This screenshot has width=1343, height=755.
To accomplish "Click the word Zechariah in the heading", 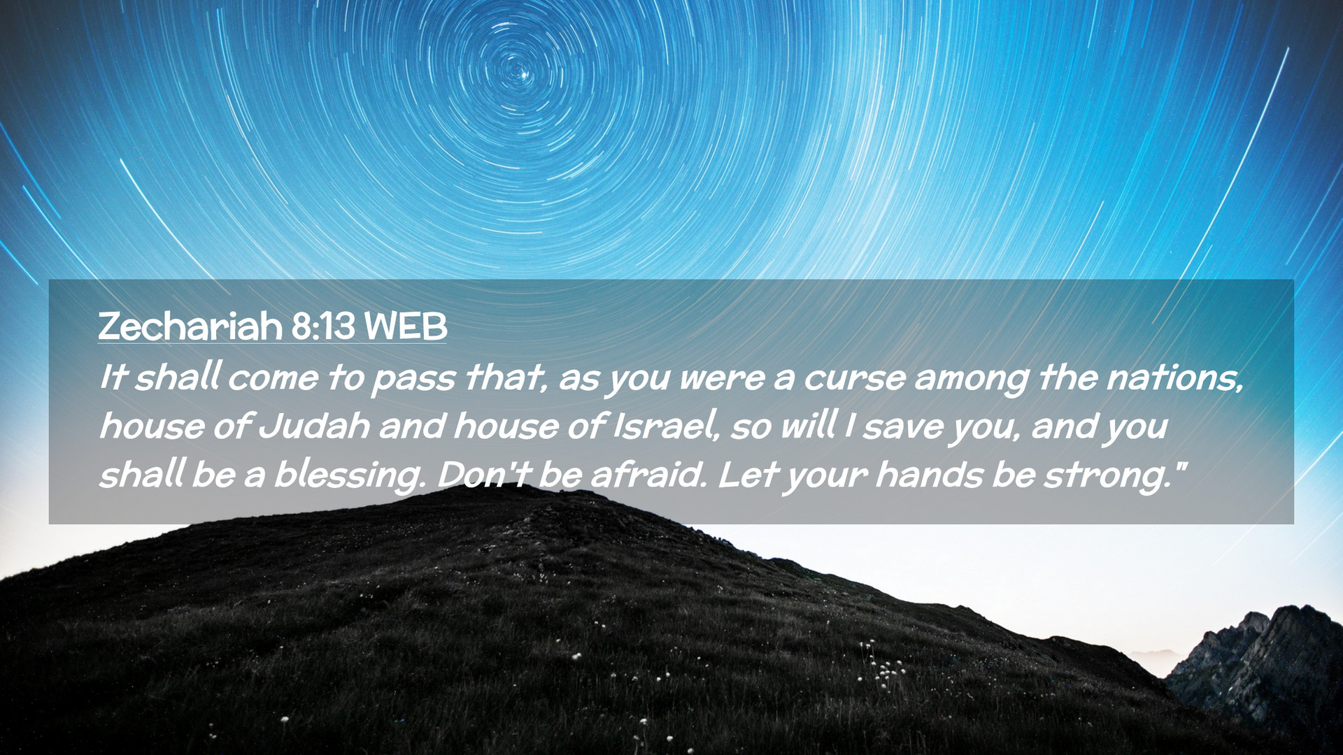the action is [190, 326].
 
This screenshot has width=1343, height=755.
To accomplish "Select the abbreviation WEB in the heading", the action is [406, 326].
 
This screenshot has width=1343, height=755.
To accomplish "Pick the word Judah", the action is [314, 426].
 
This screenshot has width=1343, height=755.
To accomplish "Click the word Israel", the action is [667, 426].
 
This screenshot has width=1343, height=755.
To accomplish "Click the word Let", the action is [748, 475].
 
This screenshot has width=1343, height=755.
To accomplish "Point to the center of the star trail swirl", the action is [520, 72].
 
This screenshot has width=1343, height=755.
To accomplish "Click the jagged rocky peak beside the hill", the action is [1259, 664].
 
